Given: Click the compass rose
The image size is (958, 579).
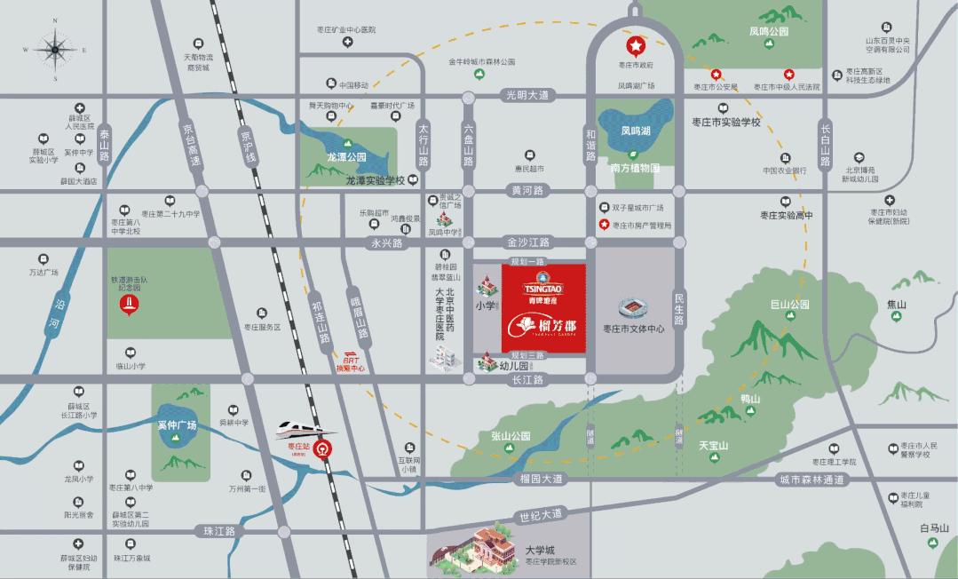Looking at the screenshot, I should pos(54,50).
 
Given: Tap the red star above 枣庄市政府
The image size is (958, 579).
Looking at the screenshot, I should pos(636,45).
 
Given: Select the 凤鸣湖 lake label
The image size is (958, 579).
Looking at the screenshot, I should pos(636,130).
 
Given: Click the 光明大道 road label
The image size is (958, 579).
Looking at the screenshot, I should pos(528,94).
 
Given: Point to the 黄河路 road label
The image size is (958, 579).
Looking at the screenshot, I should pos(528,191).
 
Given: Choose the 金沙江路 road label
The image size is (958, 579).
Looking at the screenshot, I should pos(528,242).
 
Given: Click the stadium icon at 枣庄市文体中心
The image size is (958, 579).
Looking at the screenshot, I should pos(634,308).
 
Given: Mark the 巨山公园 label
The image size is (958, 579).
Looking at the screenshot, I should pos(789,305).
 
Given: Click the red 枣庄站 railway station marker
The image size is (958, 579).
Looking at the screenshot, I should pos(325,448).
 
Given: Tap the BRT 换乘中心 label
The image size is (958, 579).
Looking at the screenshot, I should pos(353,364).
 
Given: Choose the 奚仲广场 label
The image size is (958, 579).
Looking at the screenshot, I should pos(176,425).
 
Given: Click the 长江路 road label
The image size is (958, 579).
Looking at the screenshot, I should pos(527,379).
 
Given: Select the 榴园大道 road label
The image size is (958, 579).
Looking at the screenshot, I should pos(541,479).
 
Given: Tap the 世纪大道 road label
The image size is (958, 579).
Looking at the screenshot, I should pos(541,514).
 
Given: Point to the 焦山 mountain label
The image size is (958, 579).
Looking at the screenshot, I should pos(897,305).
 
